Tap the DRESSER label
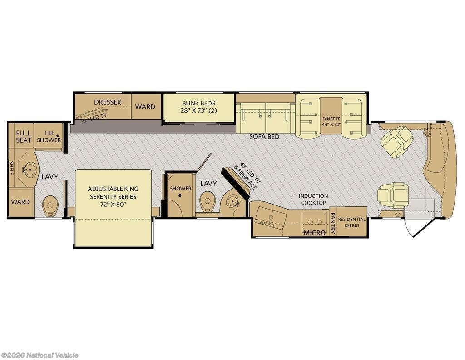(x=108, y=102)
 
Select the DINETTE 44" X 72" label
(x=331, y=122)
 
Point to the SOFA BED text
(x=264, y=137)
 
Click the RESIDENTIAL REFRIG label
(x=352, y=222)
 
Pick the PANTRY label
(x=332, y=223)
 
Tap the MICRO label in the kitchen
(x=314, y=233)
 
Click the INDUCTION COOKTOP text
(x=313, y=199)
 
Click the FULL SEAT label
(x=24, y=136)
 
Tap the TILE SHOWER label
(x=49, y=136)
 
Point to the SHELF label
(x=11, y=168)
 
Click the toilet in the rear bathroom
(x=50, y=205)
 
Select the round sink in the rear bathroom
(x=29, y=170)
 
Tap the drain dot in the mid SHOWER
(x=180, y=195)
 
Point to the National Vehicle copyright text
(x=40, y=355)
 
